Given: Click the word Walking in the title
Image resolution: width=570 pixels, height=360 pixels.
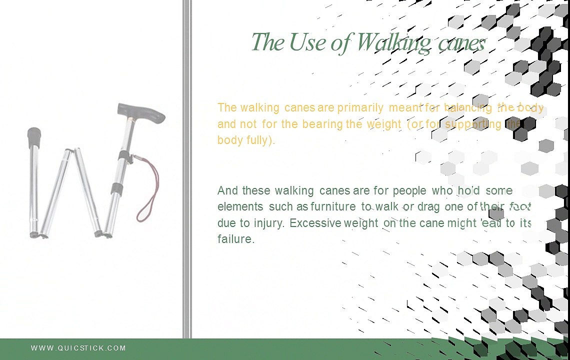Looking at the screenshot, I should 393,42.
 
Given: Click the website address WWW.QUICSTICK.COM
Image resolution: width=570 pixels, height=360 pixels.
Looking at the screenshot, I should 78,348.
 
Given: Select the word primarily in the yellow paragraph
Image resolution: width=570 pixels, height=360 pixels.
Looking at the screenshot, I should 360,107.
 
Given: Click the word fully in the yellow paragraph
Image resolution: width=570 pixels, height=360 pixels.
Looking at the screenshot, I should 260,140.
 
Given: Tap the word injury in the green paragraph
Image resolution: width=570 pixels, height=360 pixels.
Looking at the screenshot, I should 271,223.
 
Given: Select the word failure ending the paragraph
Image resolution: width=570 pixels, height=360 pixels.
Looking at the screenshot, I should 235,239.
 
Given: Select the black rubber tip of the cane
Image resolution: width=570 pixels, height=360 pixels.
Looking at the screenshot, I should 34,135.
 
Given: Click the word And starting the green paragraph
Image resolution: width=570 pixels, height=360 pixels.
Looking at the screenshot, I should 227,190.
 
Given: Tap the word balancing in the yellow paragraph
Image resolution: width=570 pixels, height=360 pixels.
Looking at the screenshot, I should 468,107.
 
